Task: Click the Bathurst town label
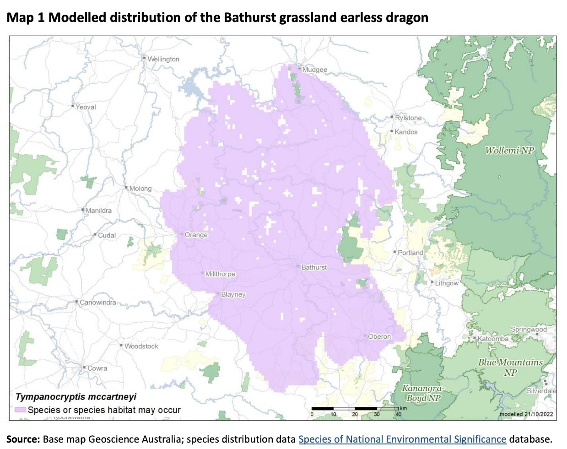314,267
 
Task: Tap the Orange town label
196,235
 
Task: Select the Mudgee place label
314,70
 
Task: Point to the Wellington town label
163,59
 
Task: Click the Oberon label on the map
379,336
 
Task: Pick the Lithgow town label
446,283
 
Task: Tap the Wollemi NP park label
509,151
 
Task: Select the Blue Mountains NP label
510,367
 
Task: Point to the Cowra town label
97,368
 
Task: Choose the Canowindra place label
97,303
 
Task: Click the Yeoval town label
86,107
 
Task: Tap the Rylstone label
408,118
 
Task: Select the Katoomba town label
493,339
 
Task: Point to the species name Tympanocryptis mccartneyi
76,397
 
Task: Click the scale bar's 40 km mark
398,414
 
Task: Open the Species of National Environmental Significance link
402,439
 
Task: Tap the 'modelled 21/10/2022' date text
526,414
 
